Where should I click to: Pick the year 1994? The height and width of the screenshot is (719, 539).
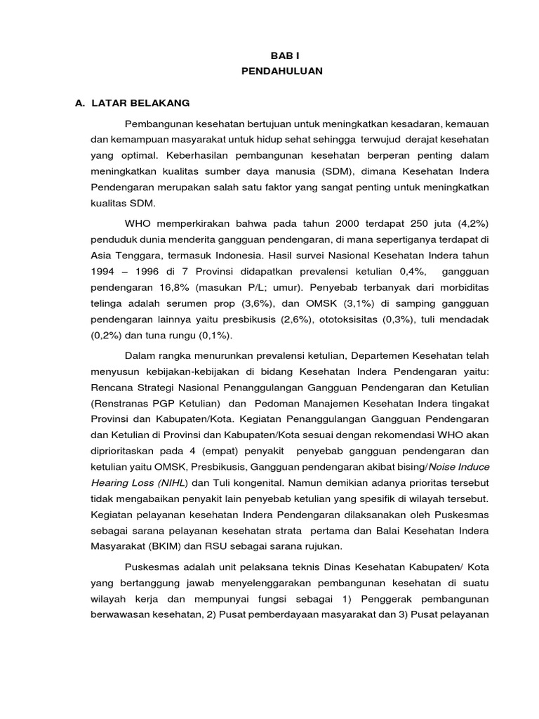pos(104,272)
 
